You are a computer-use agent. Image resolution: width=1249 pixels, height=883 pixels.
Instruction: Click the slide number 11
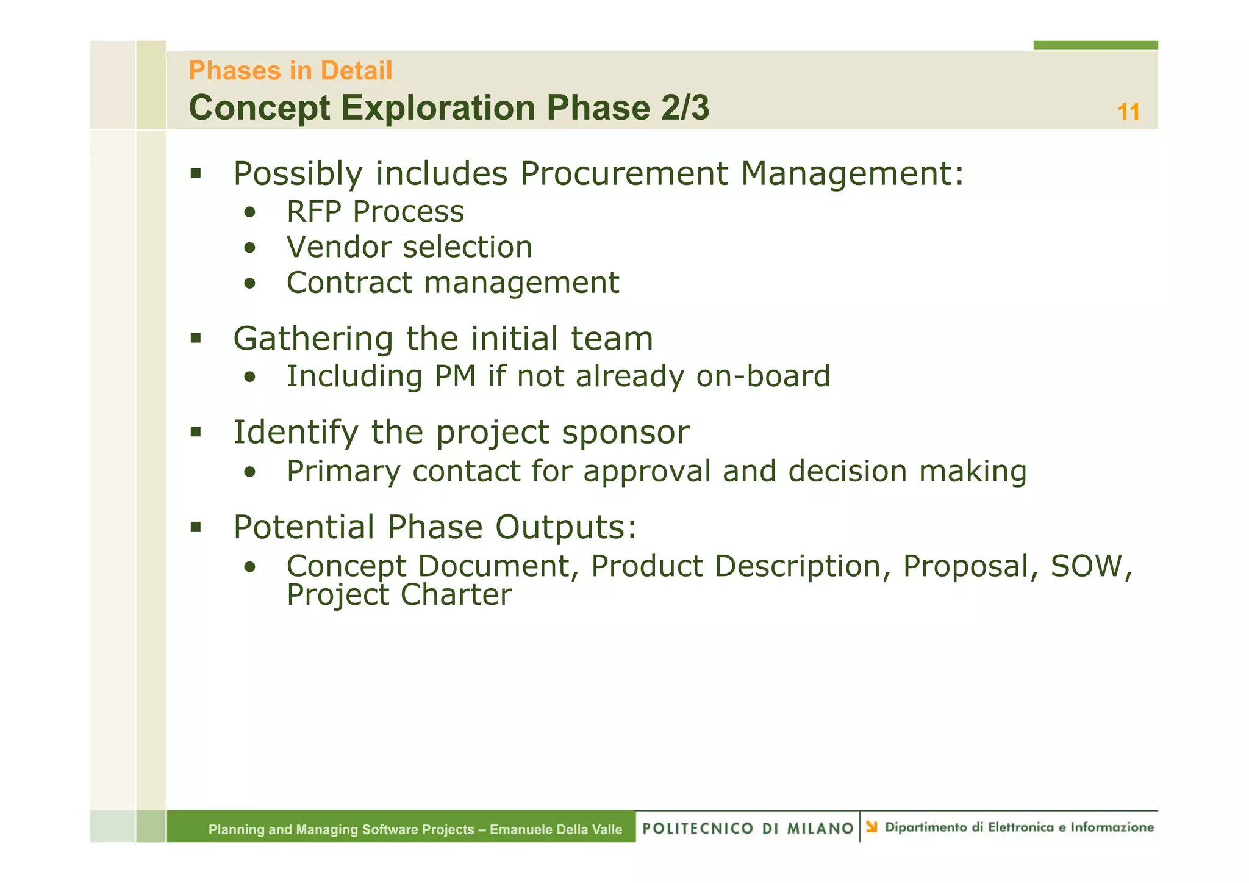(x=1128, y=113)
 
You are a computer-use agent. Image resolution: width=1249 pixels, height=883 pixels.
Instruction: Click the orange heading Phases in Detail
(x=290, y=71)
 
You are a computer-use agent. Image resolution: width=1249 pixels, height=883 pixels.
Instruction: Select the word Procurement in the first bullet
(x=624, y=173)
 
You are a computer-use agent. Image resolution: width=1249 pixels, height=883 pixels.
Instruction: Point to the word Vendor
(x=338, y=247)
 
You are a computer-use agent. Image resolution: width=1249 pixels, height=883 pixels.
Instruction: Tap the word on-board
(x=763, y=376)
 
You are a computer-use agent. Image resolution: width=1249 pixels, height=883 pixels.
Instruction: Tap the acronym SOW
(x=1086, y=566)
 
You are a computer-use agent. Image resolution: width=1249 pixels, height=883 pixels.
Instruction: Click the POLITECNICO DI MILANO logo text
(x=748, y=828)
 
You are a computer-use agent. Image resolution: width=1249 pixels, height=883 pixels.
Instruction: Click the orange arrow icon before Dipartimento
(x=871, y=827)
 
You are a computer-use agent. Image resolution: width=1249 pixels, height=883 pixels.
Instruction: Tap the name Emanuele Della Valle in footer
(x=556, y=829)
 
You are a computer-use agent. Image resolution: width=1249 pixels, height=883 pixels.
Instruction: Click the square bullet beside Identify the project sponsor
(x=195, y=433)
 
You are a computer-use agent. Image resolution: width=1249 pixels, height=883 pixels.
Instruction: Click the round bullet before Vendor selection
(x=249, y=248)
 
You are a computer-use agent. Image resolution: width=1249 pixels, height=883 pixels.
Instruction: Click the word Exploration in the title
(x=438, y=108)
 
